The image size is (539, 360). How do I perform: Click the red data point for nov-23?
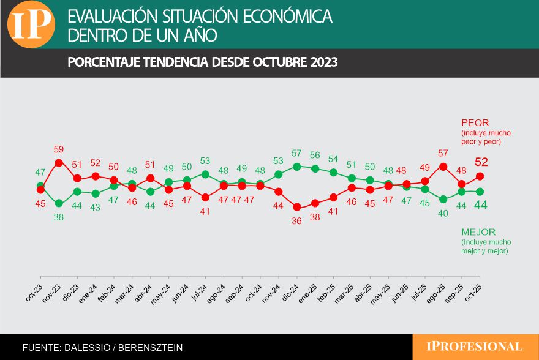(x=59, y=162)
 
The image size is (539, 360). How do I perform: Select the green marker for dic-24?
(x=297, y=166)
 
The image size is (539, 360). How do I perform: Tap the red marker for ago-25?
(x=443, y=167)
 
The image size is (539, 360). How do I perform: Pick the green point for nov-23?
(x=59, y=203)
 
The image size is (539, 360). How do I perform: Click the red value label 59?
(x=59, y=149)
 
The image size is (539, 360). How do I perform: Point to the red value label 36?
(x=297, y=220)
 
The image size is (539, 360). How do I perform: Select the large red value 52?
(x=481, y=162)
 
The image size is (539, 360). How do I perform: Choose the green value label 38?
(x=59, y=217)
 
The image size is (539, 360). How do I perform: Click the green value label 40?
(x=443, y=213)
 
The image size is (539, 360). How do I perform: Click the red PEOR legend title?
(x=475, y=122)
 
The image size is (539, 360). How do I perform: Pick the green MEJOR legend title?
(x=478, y=232)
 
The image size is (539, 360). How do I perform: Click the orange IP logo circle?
(x=31, y=24)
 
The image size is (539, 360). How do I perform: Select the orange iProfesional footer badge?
(x=475, y=347)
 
